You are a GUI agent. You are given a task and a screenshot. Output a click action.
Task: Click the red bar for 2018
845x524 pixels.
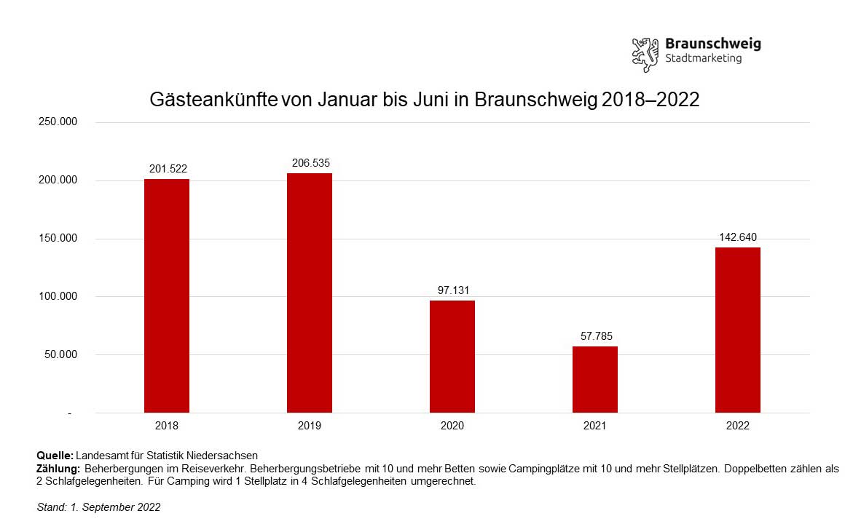167,295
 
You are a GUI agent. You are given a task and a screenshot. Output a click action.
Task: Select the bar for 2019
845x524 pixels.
310,293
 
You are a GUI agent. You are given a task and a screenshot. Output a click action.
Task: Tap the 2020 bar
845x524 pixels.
452,357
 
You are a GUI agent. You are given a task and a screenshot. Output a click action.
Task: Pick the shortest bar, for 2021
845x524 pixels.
595,379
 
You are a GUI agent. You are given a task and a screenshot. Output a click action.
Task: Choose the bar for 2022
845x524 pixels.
738,330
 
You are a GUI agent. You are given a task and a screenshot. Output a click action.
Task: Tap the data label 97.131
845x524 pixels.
452,290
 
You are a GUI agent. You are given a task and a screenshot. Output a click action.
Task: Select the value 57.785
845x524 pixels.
595,336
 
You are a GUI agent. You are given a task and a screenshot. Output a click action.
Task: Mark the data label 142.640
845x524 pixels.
738,237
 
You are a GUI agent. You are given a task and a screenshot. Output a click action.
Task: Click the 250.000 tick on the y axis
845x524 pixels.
58,122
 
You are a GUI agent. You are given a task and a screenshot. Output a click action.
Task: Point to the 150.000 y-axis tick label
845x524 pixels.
58,239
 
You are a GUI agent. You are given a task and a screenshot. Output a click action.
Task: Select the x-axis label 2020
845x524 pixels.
452,426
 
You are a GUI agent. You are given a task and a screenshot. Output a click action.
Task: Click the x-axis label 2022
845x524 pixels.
738,426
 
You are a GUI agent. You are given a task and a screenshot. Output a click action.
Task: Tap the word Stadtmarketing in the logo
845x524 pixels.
704,58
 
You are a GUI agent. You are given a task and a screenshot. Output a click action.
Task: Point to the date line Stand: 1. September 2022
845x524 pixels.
98,507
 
